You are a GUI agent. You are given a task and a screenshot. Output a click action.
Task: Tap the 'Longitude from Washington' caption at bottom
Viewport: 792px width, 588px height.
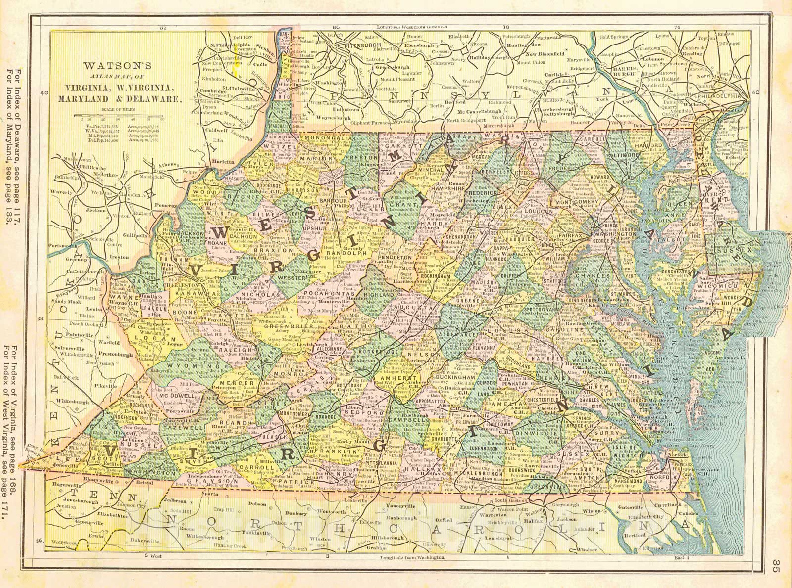pyautogui.click(x=413, y=557)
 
